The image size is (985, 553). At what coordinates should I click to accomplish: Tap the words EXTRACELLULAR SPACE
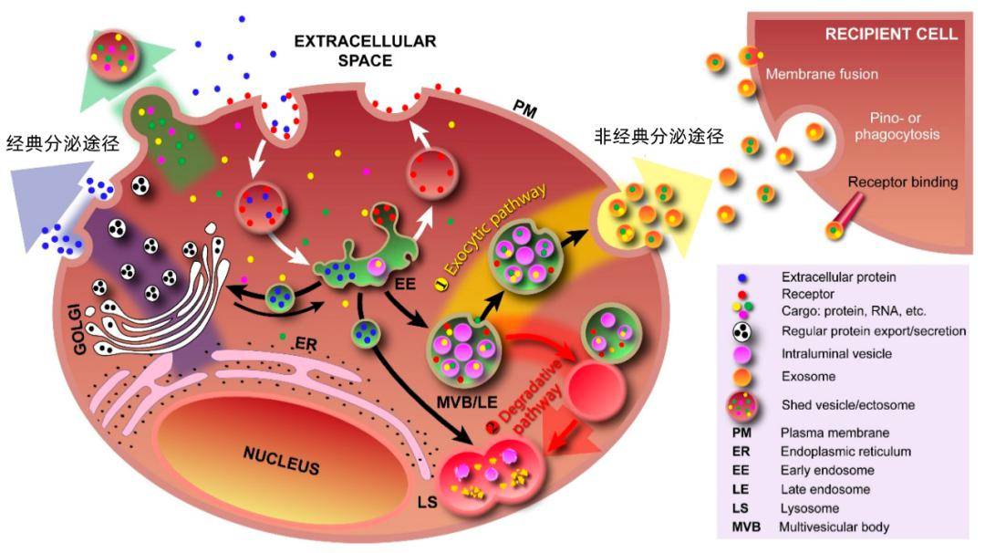(365, 51)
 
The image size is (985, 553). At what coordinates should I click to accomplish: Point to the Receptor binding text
(903, 182)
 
